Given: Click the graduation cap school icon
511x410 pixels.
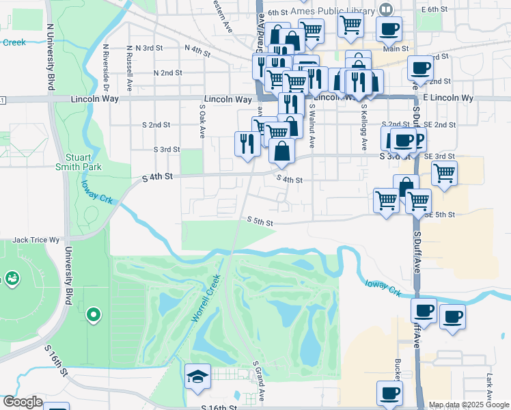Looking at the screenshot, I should point(197,377).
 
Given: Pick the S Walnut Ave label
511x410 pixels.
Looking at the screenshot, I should point(312,126).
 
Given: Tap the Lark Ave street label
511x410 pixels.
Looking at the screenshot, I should point(489,385).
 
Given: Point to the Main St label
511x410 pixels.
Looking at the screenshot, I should point(396,49).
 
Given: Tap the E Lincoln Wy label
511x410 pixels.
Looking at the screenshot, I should point(447,98).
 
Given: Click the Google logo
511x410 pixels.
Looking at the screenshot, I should point(23,402).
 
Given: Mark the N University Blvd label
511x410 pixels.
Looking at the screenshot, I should point(50,59).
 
